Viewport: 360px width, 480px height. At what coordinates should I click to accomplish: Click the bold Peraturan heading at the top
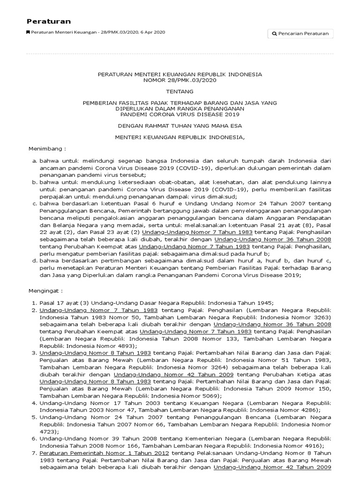click(49, 21)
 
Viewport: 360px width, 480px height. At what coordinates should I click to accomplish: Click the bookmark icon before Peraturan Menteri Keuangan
click(28, 32)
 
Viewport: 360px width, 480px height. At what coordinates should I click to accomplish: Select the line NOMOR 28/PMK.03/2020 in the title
click(180, 80)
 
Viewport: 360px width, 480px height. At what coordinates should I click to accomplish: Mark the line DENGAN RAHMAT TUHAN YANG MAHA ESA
click(180, 126)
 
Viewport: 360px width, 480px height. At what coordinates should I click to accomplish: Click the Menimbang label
click(48, 148)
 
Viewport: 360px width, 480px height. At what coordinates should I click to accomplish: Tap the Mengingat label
click(46, 291)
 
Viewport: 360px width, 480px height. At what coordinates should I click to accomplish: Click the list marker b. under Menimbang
click(35, 182)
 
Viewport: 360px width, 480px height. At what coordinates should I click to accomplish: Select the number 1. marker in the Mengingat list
click(34, 303)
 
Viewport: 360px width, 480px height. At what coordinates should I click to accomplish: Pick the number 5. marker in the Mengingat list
click(34, 417)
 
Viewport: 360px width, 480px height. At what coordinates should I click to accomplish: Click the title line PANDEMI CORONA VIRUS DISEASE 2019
click(180, 114)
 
